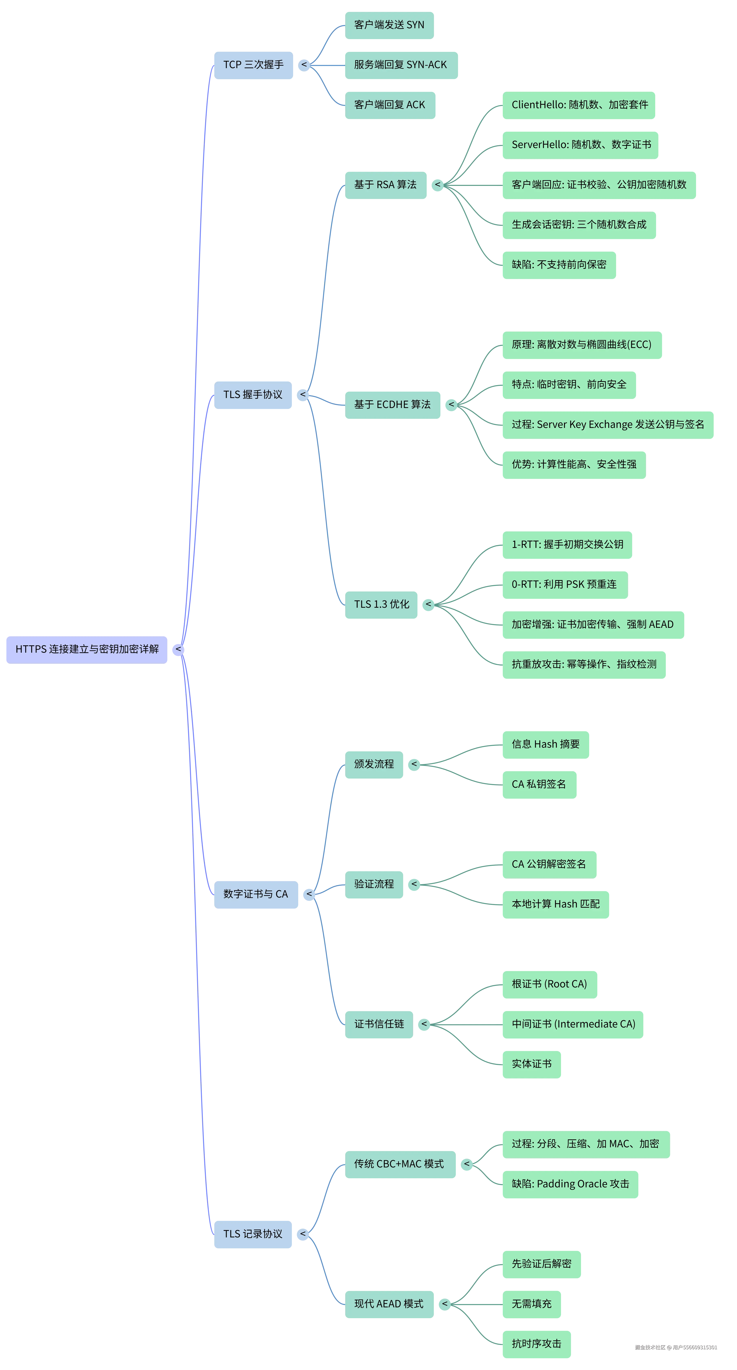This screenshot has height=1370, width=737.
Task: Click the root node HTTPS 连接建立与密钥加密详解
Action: point(87,649)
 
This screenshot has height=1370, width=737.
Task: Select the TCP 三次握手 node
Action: point(253,65)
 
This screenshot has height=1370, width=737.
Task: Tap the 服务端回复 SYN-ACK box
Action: point(401,65)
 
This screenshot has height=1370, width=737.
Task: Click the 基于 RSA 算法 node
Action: point(385,184)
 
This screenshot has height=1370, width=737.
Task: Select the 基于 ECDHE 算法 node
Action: point(392,405)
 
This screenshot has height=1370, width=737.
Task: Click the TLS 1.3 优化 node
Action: point(381,604)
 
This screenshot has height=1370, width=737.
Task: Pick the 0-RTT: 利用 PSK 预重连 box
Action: point(564,585)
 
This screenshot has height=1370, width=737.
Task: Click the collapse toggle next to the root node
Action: point(178,649)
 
